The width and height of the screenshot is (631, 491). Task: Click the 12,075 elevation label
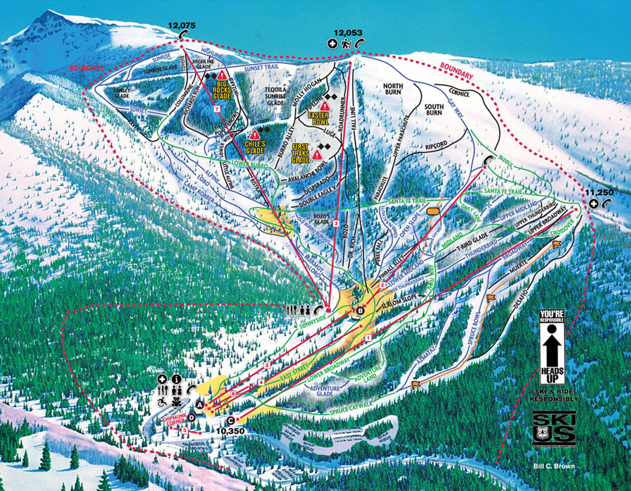click(182, 25)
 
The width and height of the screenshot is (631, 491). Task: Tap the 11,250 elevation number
click(599, 192)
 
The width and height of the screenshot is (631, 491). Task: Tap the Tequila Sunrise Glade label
click(265, 100)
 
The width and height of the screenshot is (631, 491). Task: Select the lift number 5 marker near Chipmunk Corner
click(184, 429)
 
